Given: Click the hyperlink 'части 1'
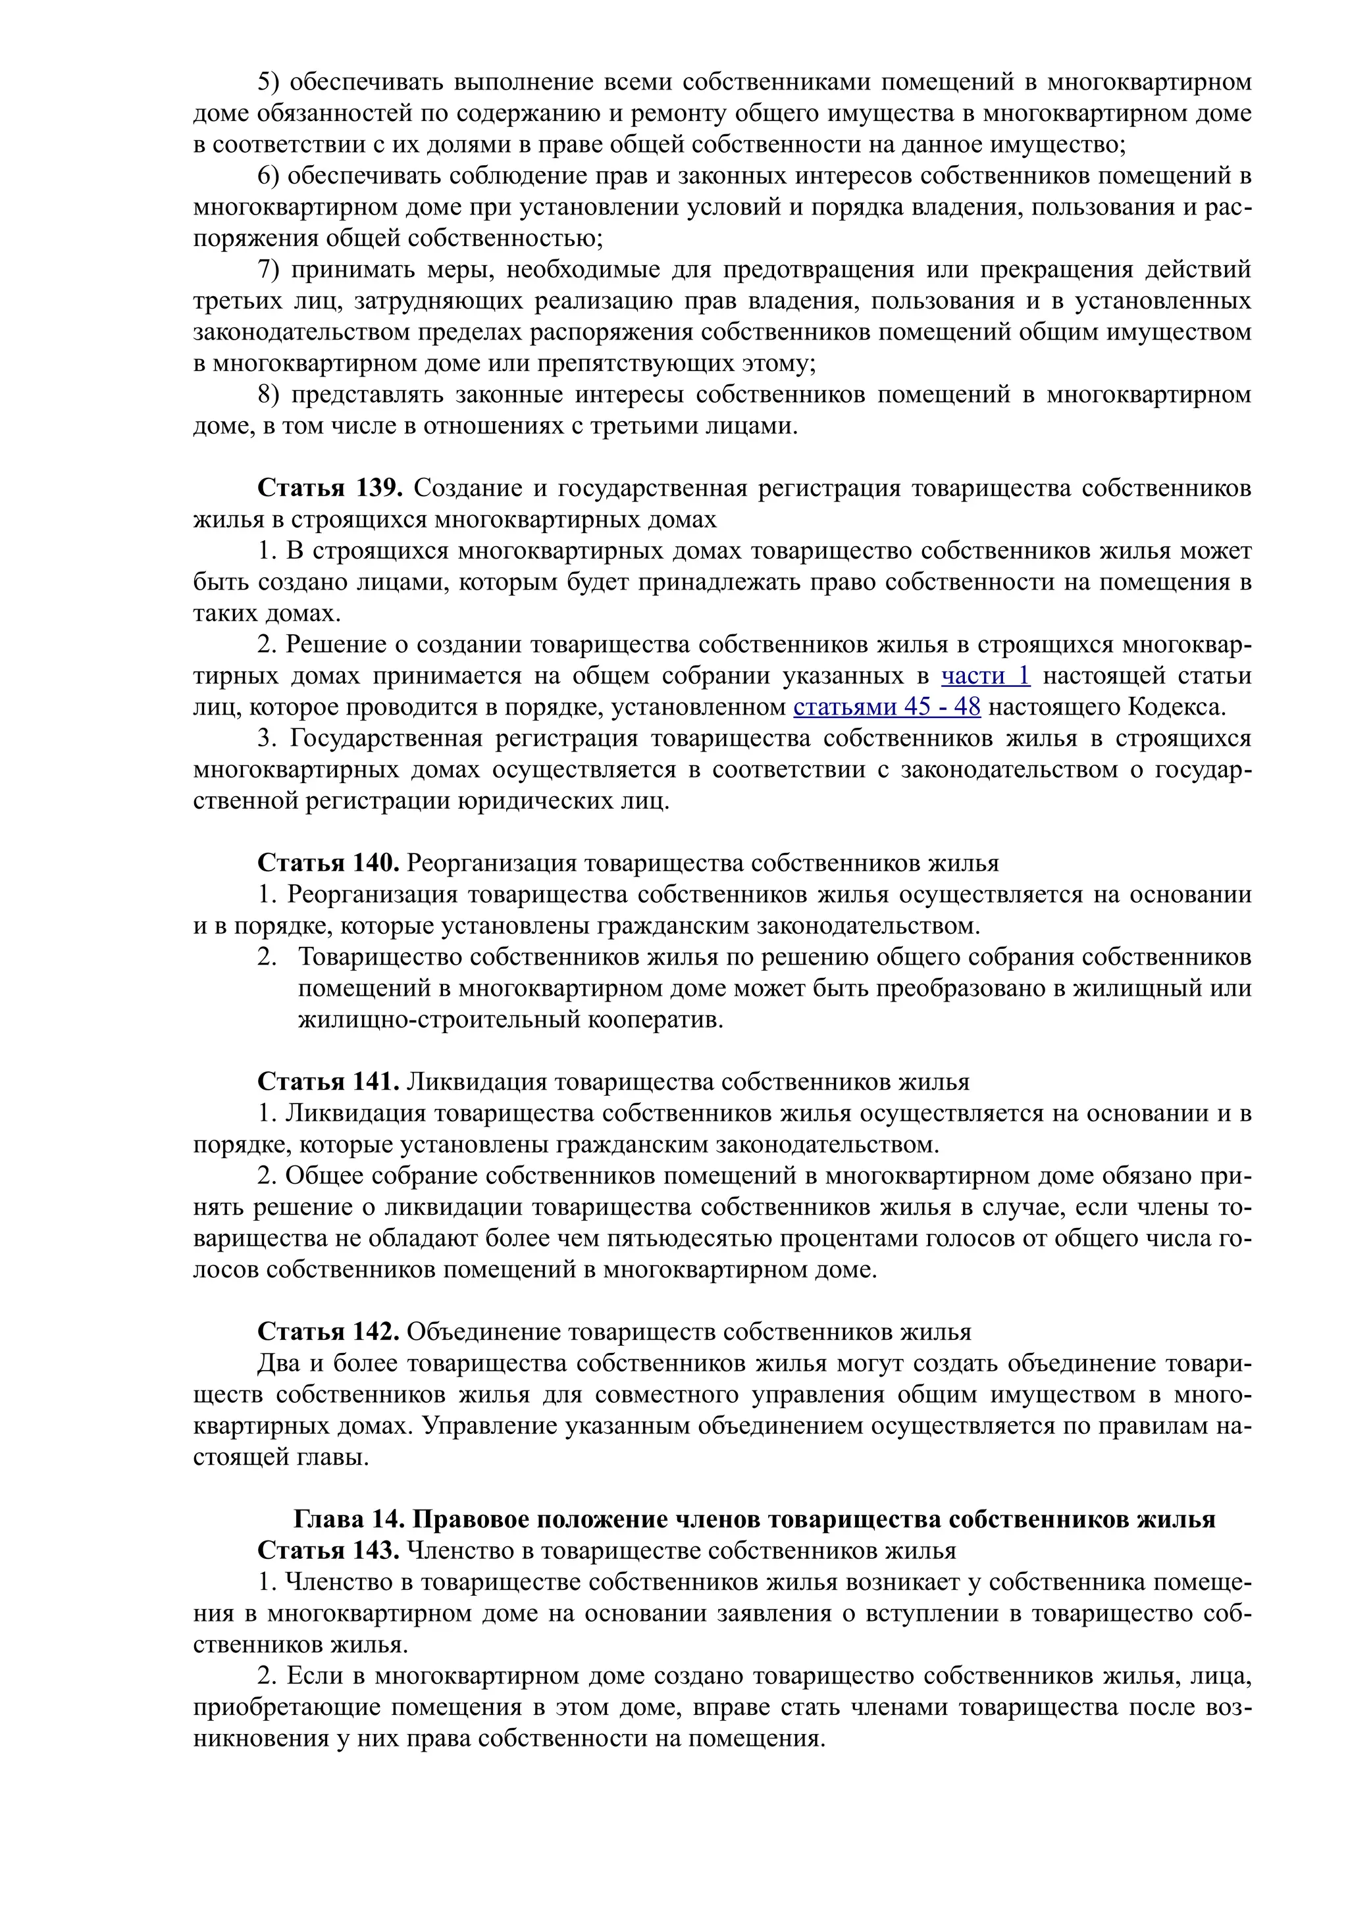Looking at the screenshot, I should tap(985, 676).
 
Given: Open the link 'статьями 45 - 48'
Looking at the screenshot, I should tap(887, 707).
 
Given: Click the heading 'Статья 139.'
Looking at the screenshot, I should tap(330, 488).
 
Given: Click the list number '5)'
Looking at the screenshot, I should tap(270, 82).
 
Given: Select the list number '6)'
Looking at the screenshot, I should tap(270, 176).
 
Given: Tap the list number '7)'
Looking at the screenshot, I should tap(270, 270).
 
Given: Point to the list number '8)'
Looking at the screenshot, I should tap(270, 395).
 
